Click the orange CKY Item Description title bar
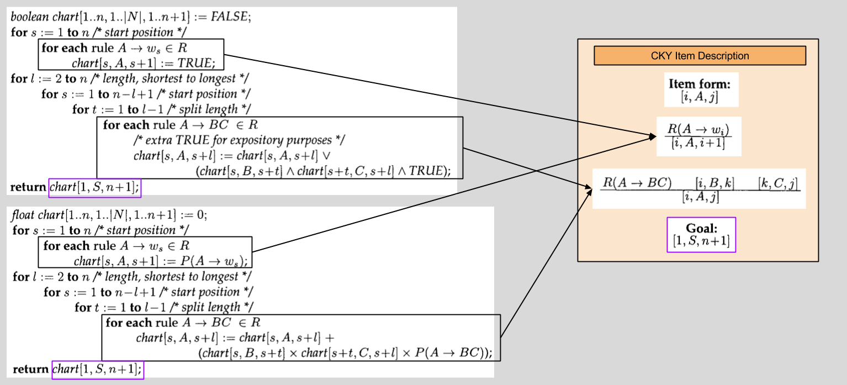point(700,56)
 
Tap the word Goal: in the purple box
point(701,228)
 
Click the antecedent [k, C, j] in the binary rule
point(778,183)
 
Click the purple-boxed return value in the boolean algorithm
point(94,188)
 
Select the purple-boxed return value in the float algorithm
point(97,369)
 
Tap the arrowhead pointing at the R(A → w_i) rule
point(652,136)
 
